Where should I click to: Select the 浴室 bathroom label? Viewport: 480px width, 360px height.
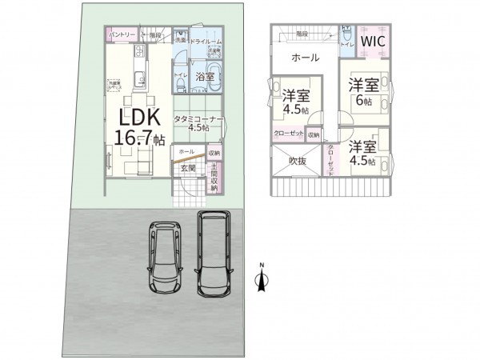204,78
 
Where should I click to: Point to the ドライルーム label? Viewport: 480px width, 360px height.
205,39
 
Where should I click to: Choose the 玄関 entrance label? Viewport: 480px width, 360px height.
186,168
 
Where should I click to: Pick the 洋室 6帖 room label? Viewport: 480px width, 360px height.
364,91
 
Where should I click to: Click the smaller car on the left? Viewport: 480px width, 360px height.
167,258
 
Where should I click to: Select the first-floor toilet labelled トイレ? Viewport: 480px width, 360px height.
180,77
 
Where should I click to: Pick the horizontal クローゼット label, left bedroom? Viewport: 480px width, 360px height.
287,134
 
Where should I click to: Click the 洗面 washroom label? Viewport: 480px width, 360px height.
180,39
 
